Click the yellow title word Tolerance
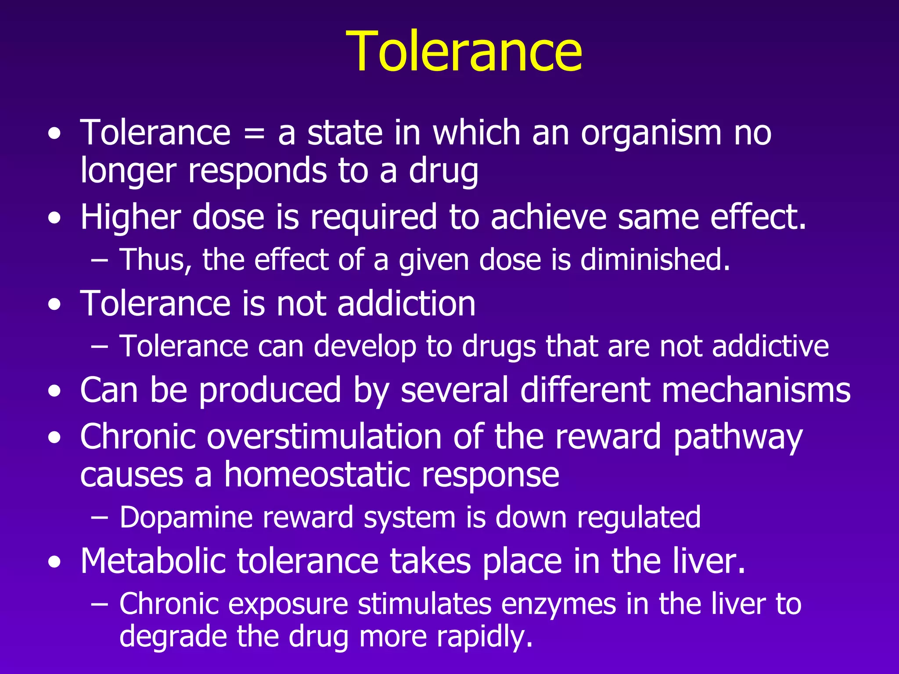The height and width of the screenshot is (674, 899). (464, 52)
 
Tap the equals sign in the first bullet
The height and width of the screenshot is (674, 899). (254, 133)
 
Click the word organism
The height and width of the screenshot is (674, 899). (651, 133)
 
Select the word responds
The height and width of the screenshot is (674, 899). (257, 171)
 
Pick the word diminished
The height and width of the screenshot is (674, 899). (655, 259)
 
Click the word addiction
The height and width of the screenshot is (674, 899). (406, 303)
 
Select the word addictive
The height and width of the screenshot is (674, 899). (770, 346)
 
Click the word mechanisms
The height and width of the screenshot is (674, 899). (756, 390)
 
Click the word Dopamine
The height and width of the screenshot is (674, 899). (186, 518)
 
